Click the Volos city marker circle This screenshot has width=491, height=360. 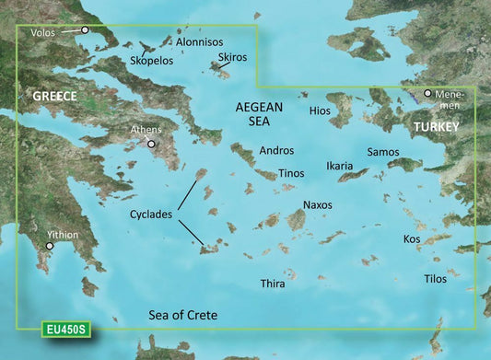pyautogui.click(x=86, y=30)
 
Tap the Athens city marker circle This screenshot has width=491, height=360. pyautogui.click(x=152, y=144)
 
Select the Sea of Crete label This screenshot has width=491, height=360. pyautogui.click(x=183, y=316)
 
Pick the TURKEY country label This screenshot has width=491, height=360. pyautogui.click(x=437, y=125)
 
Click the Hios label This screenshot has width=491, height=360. pyautogui.click(x=321, y=110)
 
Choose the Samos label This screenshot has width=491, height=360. pyautogui.click(x=383, y=151)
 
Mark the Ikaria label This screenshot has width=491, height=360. pyautogui.click(x=340, y=167)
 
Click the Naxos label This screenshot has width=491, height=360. pyautogui.click(x=318, y=204)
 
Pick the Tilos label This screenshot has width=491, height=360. pyautogui.click(x=435, y=278)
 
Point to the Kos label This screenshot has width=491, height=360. pyautogui.click(x=412, y=238)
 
